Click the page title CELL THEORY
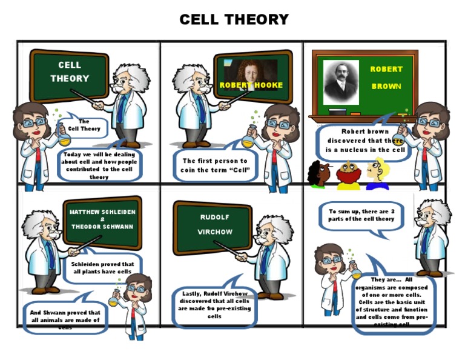(234, 20)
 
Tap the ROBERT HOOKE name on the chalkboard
(251, 85)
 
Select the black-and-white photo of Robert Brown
(341, 82)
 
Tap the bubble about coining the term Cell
(214, 165)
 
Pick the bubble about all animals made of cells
(65, 316)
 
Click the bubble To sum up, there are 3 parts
(361, 215)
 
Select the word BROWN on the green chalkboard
(386, 87)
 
